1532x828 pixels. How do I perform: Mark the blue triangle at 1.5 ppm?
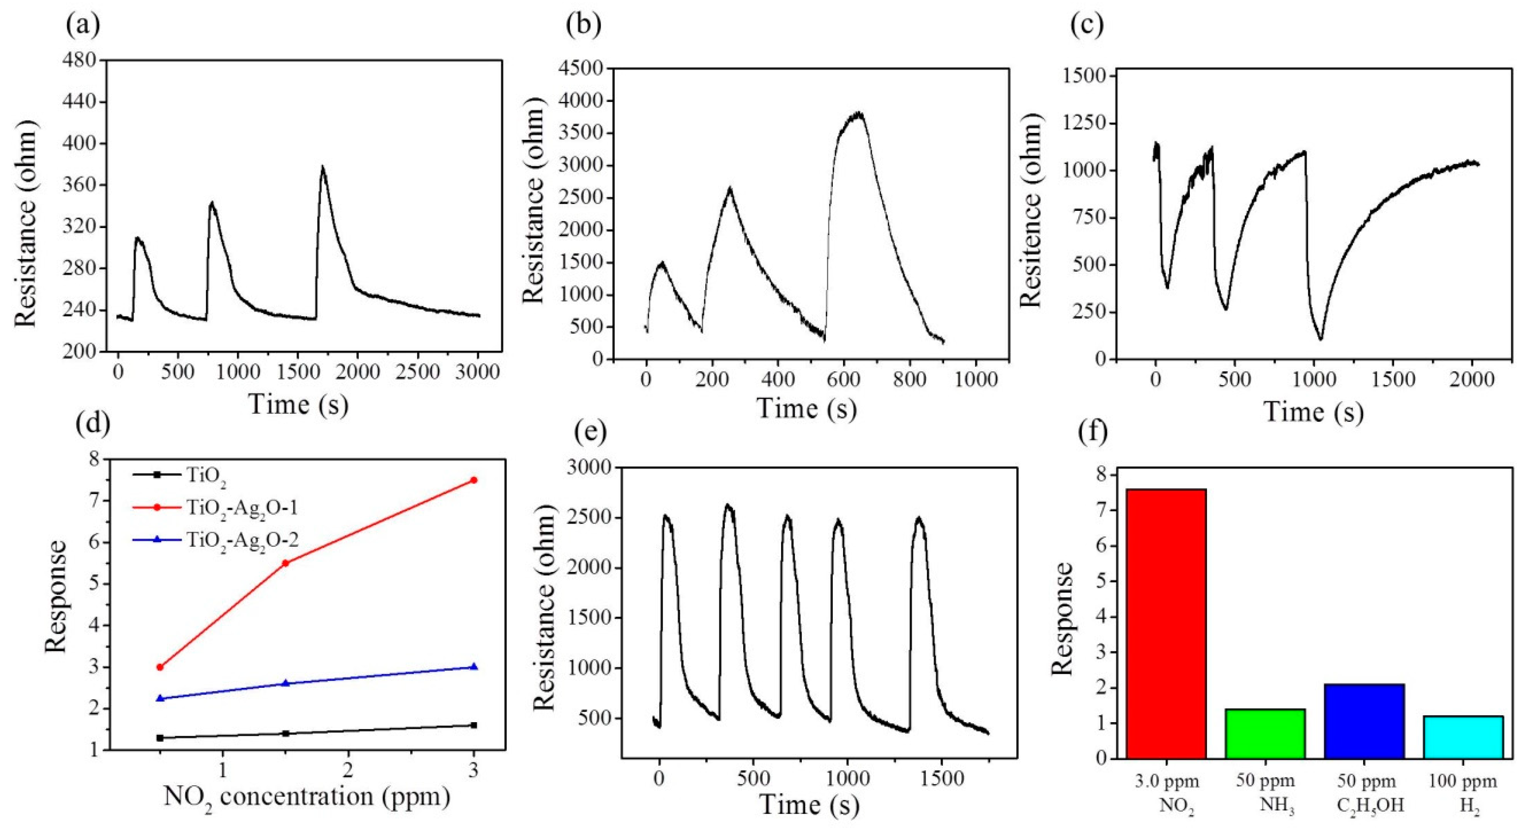(x=286, y=683)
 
